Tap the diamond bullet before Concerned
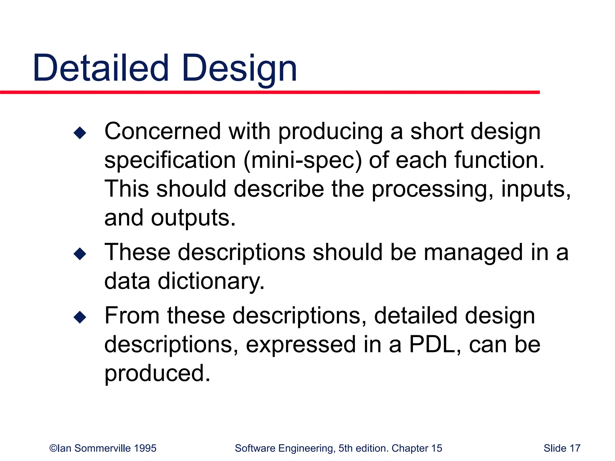[x=80, y=133]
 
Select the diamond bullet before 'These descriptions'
[x=80, y=254]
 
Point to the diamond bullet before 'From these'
[x=80, y=317]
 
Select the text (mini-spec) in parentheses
[x=302, y=161]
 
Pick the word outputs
[x=193, y=218]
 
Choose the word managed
[x=473, y=253]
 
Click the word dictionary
[x=211, y=281]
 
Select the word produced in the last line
[x=157, y=373]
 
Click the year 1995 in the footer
[x=145, y=448]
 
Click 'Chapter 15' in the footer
[x=417, y=448]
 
